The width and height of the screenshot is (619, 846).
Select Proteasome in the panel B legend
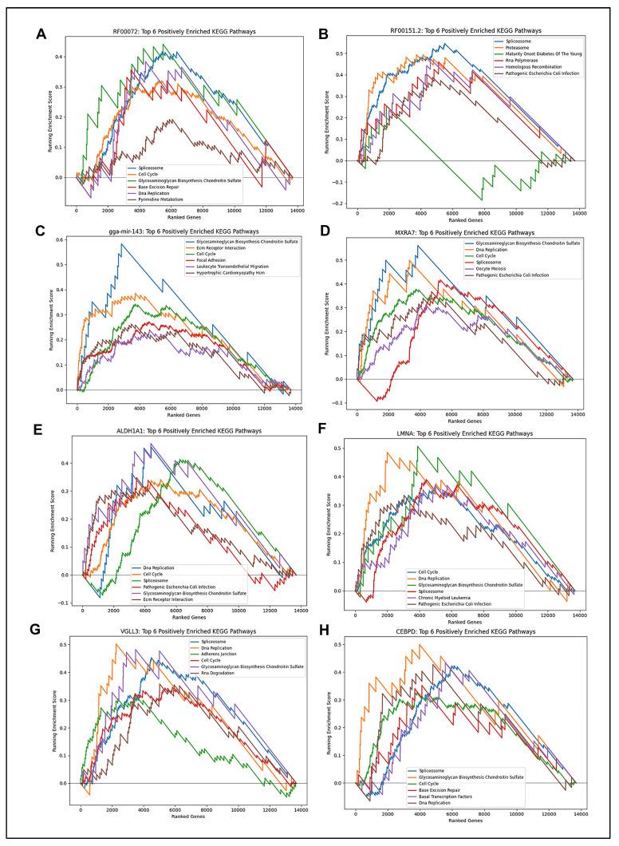tap(495, 46)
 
